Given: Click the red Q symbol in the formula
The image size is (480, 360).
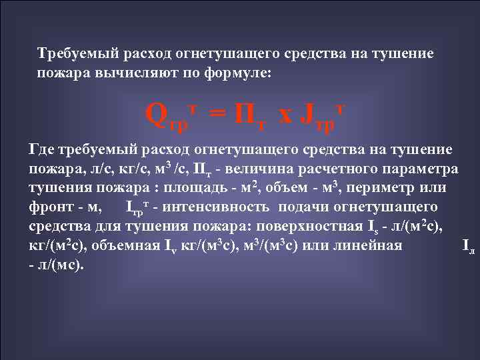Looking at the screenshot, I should click(155, 115).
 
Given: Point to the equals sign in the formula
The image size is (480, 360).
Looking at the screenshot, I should click(215, 115).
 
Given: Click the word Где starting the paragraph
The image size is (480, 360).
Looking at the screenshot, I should click(45, 148).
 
